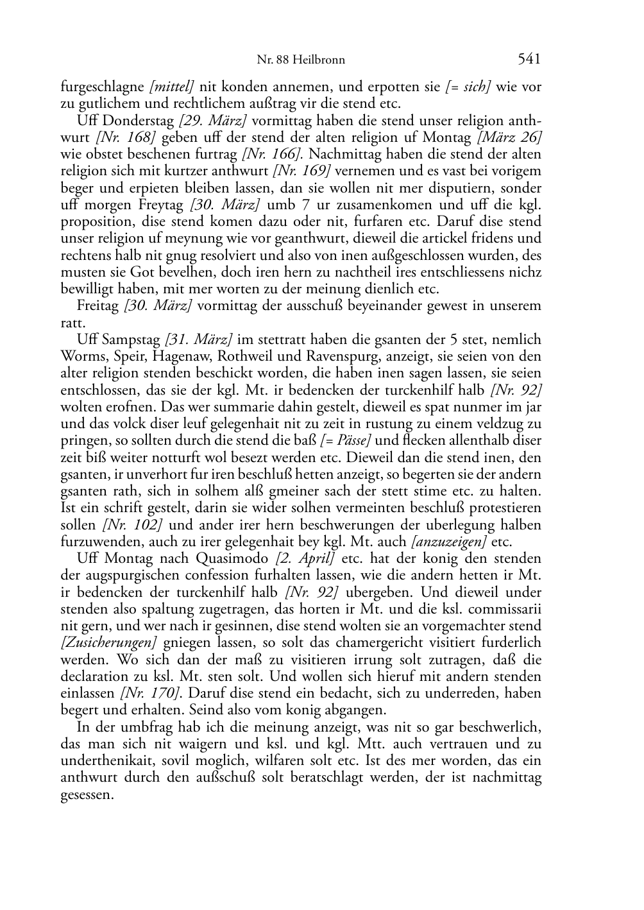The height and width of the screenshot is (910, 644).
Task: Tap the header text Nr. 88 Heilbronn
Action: pyautogui.click(x=301, y=60)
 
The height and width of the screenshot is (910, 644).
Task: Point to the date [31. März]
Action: pyautogui.click(x=198, y=339)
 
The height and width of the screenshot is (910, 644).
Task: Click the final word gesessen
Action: pyautogui.click(x=87, y=794)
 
